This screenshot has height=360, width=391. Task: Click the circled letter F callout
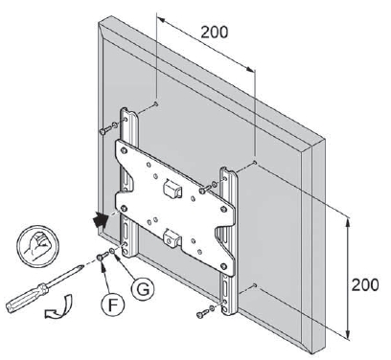point(112,304)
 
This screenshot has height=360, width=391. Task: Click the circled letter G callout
point(143,290)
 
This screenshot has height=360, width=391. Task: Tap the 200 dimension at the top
point(215,32)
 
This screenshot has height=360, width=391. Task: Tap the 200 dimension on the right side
point(365,284)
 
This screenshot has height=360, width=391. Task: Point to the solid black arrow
point(100,220)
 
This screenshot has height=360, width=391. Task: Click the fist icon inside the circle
point(37,245)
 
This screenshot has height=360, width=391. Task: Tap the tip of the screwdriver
point(82,266)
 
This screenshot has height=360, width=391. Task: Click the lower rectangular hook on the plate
point(172,238)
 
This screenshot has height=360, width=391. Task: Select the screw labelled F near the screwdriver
point(103,256)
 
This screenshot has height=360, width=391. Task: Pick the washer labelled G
point(112,251)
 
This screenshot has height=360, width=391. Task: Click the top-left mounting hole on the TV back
point(156,103)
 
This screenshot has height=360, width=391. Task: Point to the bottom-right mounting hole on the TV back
point(254,284)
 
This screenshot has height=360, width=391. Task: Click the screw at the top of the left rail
point(106,129)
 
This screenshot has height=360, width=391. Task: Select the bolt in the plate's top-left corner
point(125,150)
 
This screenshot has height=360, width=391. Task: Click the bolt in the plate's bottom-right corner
point(224,266)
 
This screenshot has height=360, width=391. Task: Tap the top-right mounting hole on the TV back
point(255,162)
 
